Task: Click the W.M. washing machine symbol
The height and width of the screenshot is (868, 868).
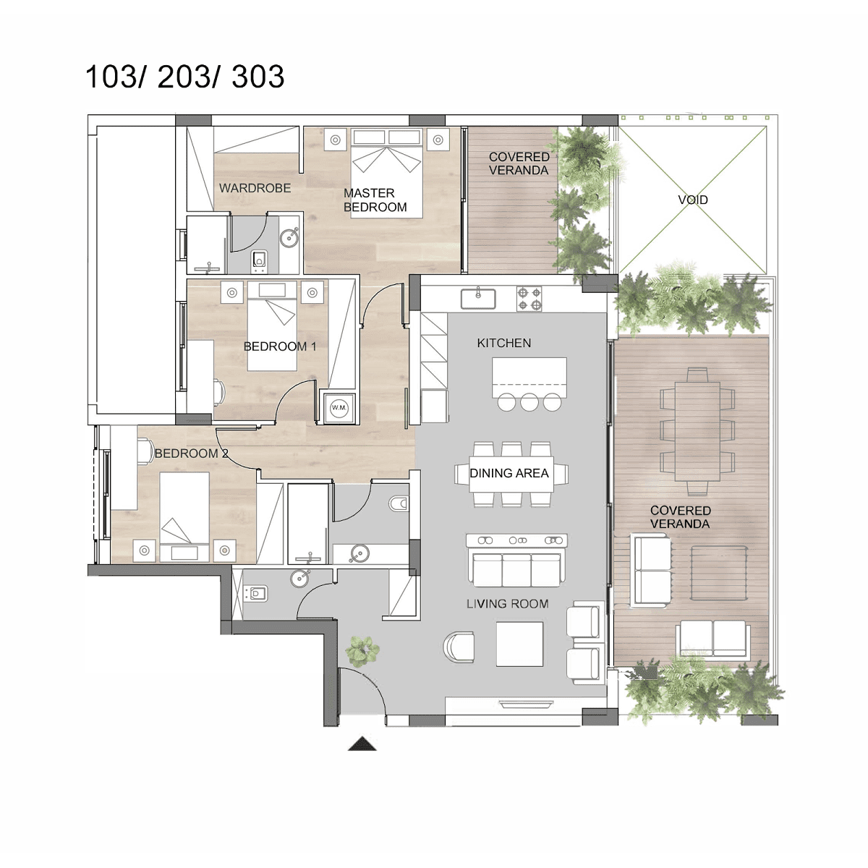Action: (339, 408)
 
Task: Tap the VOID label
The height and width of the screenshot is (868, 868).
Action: (693, 200)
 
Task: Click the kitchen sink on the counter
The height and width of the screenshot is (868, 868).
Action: (478, 299)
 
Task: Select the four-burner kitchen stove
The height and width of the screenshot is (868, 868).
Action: (529, 299)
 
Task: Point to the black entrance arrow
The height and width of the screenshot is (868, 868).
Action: (362, 744)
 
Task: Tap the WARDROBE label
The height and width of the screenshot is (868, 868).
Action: (255, 188)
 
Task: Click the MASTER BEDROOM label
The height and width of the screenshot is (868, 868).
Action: (375, 200)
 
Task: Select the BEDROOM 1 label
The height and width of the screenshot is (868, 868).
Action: (280, 346)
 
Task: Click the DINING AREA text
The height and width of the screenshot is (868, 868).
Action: (509, 473)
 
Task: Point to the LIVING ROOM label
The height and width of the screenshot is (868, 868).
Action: (508, 603)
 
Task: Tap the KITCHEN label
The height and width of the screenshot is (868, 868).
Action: (504, 343)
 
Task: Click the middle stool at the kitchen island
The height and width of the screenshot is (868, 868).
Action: (529, 401)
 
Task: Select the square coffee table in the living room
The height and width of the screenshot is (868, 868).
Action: (519, 644)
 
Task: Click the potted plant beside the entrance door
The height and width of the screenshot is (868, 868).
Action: (362, 651)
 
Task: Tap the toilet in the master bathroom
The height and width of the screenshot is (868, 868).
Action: (259, 262)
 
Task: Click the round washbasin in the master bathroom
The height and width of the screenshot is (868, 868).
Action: (289, 237)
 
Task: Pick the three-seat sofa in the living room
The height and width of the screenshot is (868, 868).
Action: (516, 570)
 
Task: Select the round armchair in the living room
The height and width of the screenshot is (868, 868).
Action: (459, 647)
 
